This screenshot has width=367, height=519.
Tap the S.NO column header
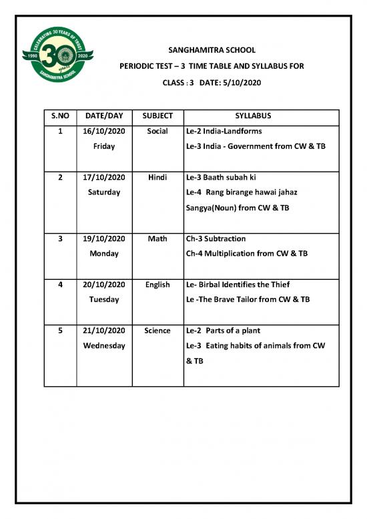(60, 116)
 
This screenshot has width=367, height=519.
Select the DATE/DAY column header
(104, 116)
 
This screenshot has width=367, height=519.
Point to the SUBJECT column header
(157, 116)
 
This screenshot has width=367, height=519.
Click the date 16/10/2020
(104, 131)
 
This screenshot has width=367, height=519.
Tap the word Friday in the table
(104, 146)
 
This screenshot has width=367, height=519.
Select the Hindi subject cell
(157, 177)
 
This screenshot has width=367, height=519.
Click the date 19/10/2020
(104, 238)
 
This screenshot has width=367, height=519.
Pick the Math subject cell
(157, 238)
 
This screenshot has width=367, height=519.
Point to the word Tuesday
(104, 299)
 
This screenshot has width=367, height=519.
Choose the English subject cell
(157, 285)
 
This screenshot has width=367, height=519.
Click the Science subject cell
(157, 331)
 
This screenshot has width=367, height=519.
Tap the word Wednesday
(104, 345)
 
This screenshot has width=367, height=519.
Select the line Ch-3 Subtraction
(216, 238)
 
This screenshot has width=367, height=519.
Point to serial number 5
(60, 331)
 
